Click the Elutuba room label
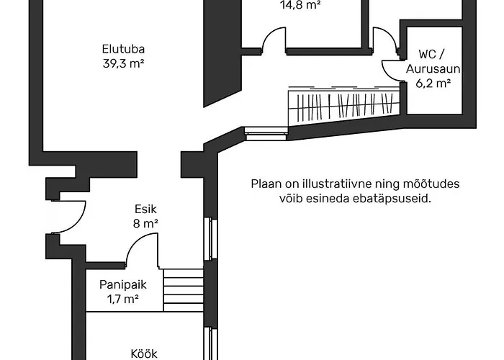click(x=125, y=50)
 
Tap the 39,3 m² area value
click(x=125, y=63)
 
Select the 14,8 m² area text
click(x=300, y=4)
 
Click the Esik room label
click(x=145, y=210)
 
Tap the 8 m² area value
click(x=145, y=223)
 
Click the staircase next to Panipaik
click(x=183, y=290)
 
